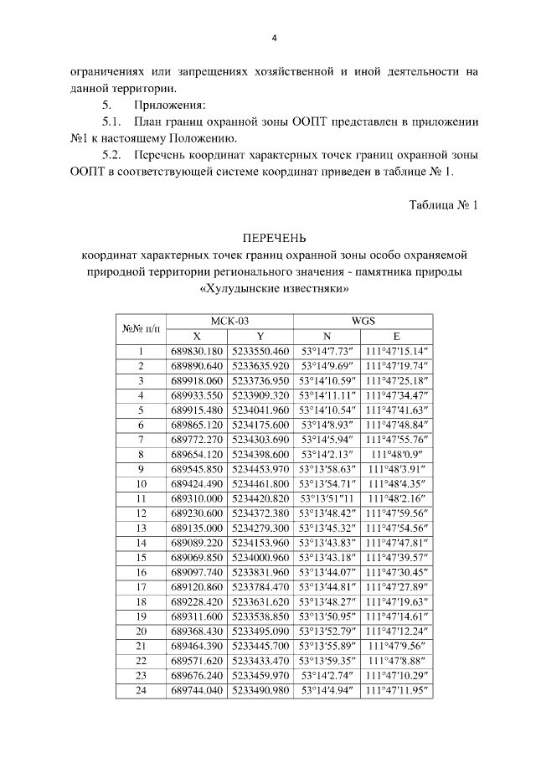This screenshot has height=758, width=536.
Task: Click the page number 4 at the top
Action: [x=274, y=39]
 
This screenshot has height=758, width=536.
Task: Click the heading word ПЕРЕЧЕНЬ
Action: [x=276, y=237]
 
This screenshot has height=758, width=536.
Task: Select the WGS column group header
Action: [x=362, y=320]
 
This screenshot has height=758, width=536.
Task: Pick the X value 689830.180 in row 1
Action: [x=198, y=351]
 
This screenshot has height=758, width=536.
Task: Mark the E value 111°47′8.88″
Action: [x=397, y=661]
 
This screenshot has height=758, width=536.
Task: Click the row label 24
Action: [x=141, y=690]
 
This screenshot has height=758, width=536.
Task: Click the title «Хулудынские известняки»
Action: [x=275, y=289]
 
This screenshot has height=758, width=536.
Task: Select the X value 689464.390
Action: [x=198, y=646]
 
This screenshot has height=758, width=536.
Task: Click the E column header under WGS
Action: [x=397, y=335]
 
